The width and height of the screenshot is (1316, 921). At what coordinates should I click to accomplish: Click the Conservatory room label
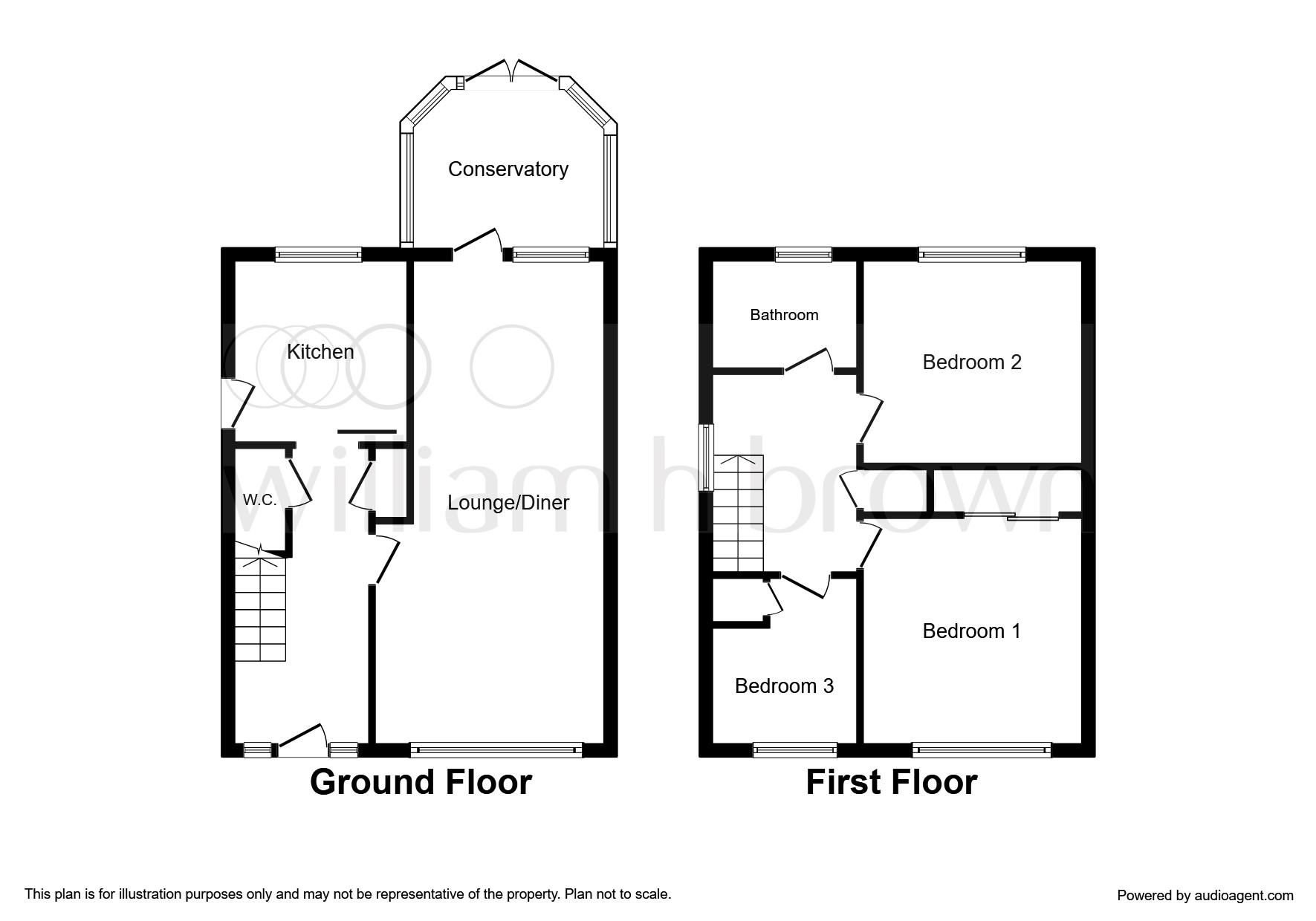508,169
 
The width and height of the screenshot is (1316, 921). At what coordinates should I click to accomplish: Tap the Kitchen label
320,351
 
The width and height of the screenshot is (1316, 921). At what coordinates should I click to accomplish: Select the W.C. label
259,500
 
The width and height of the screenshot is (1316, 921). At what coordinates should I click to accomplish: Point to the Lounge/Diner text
508,503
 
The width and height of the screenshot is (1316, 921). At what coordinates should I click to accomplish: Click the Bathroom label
784,315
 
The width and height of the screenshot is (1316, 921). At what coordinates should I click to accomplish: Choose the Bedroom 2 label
972,362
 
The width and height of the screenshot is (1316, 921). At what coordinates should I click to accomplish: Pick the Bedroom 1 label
971,631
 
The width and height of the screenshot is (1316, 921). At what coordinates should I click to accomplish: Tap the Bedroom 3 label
784,686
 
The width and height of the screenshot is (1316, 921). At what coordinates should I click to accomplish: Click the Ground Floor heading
421,782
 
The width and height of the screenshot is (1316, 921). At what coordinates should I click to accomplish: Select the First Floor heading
892,782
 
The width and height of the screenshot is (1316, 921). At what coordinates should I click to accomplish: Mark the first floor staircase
739,513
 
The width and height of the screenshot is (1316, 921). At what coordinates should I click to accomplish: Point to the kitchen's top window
318,255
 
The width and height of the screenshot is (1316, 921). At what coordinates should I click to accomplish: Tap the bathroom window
803,255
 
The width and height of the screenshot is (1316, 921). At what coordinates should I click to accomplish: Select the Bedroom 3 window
795,750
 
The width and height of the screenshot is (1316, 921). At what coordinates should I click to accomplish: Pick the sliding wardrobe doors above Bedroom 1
1011,516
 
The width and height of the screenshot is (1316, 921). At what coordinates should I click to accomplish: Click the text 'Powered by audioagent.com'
1205,896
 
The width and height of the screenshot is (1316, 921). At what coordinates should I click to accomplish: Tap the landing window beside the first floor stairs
707,458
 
